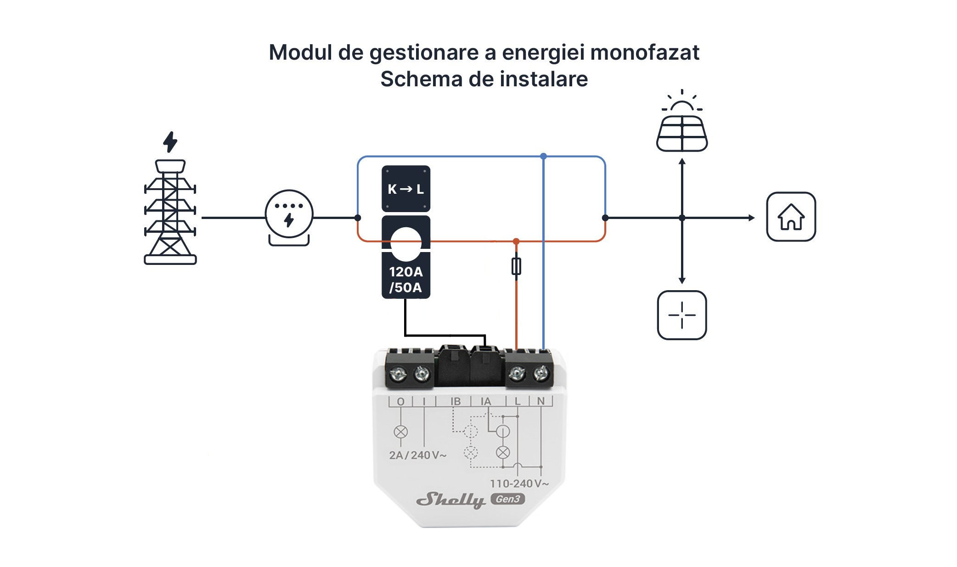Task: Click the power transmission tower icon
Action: tap(170, 212)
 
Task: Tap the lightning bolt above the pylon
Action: tap(170, 142)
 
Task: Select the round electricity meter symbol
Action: tap(289, 214)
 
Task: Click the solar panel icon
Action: tap(682, 133)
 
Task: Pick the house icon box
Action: tap(791, 217)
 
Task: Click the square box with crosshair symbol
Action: tap(682, 315)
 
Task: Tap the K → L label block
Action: tap(406, 189)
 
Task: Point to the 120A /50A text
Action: tap(405, 280)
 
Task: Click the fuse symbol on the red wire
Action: tap(516, 266)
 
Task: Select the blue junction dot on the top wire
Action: tap(543, 157)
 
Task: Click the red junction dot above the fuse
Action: tap(516, 241)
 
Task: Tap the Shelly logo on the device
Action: tap(450, 500)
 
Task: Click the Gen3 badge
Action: tap(507, 499)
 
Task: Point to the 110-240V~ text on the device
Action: tap(519, 483)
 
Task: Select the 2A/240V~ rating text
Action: tap(417, 455)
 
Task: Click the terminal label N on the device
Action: tap(540, 401)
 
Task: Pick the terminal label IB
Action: tap(455, 401)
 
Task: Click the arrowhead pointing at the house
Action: tap(751, 218)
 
